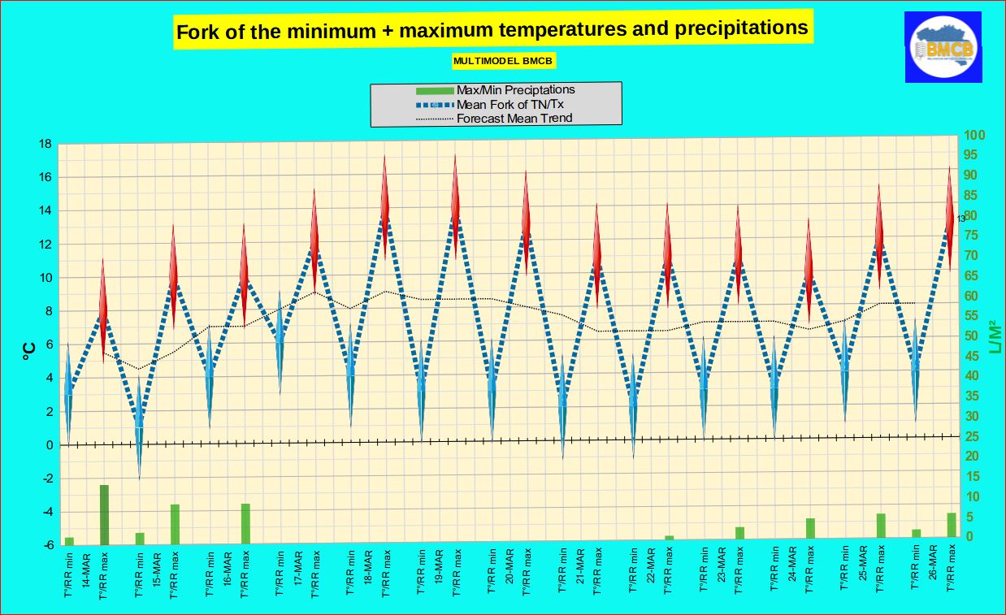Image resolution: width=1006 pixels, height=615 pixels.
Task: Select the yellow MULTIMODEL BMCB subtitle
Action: coord(504,61)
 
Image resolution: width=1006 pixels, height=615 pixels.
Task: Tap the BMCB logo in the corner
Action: coord(943,48)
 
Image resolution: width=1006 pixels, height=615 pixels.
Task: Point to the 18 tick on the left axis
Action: coord(45,145)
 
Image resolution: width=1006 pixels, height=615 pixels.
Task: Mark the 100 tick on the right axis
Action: coord(973,136)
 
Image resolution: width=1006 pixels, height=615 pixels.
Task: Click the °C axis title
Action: coord(28,349)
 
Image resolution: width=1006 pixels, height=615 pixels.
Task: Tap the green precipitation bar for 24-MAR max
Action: coord(810,528)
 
